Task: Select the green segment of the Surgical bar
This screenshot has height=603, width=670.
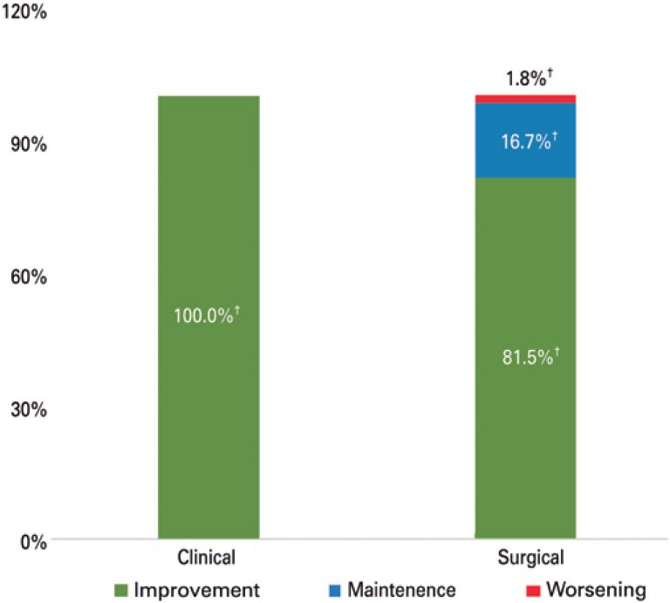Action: tap(525, 419)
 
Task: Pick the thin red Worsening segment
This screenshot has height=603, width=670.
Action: tap(525, 99)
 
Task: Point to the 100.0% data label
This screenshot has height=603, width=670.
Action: tap(208, 314)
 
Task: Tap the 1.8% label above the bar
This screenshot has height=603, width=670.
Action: tap(525, 79)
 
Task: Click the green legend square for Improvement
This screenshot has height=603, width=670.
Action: tap(122, 591)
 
